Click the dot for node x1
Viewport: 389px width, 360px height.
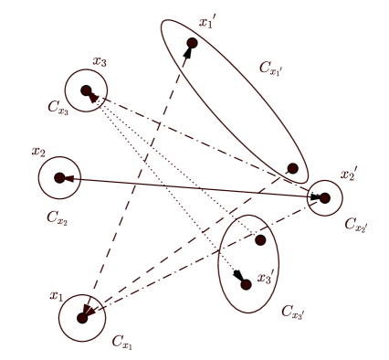coord(83,317)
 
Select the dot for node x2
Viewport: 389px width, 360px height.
coord(59,178)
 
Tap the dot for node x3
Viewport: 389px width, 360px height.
coord(86,91)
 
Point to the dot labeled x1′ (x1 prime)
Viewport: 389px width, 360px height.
coord(192,43)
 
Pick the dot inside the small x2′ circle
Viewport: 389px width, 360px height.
coord(323,197)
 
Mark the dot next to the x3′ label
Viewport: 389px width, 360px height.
coord(246,284)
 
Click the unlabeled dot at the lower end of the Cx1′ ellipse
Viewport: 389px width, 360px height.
coord(292,168)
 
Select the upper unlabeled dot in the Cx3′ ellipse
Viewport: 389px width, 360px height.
coord(260,240)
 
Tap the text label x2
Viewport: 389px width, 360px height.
coord(38,150)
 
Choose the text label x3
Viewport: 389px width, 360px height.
coord(100,62)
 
